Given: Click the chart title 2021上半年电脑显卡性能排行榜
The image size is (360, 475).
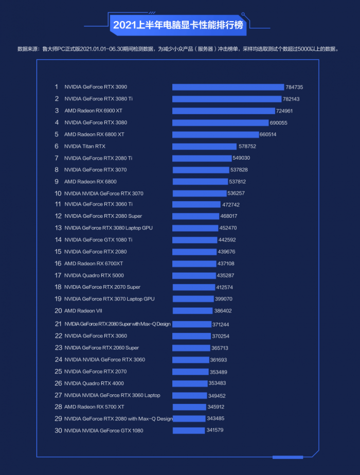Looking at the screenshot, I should [x=178, y=24].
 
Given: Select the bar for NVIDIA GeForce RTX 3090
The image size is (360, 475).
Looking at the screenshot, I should [x=228, y=87].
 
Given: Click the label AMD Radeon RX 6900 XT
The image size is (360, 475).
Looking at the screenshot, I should [x=93, y=111].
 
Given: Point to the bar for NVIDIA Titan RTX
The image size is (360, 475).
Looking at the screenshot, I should [x=204, y=146].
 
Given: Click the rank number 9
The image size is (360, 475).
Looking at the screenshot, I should [x=57, y=182].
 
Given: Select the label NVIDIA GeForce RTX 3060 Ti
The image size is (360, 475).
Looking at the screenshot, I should [x=98, y=204].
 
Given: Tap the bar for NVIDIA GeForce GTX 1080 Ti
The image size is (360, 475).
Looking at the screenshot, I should [x=195, y=240].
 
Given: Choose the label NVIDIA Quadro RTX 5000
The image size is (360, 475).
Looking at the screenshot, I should [x=94, y=275].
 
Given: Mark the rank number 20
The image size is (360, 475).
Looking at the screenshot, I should [x=58, y=311].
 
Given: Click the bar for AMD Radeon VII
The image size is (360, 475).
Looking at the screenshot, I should [x=192, y=311].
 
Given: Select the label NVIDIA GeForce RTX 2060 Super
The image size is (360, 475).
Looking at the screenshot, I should [x=102, y=348].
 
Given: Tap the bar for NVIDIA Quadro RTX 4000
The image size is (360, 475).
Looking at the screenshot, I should [x=190, y=383].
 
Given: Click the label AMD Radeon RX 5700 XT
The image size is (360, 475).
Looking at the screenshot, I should [x=94, y=407].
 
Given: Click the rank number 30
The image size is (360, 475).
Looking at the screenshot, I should [x=58, y=430].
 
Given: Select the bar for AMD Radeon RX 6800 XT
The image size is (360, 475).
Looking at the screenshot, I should [x=215, y=134].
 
